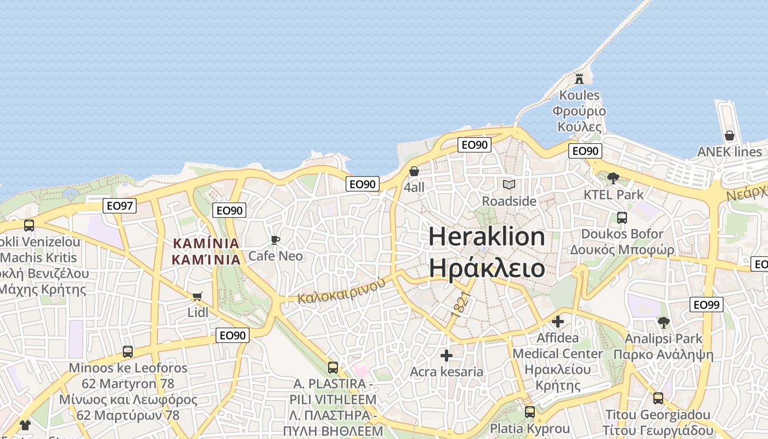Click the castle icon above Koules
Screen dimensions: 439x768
579,78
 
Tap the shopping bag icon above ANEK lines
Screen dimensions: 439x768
730,135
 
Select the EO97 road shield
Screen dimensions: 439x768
120,206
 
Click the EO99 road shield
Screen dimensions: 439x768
708,305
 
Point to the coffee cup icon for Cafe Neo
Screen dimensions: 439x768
275,240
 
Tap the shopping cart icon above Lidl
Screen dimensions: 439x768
197,296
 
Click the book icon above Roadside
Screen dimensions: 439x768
509,184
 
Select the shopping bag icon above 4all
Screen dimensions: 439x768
414,171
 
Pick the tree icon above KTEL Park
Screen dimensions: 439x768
613,178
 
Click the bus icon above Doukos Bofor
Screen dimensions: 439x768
622,218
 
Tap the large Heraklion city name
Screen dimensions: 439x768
487,237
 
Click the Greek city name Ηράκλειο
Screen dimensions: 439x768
487,268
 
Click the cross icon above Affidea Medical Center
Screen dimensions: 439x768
558,321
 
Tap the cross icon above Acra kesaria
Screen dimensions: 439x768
447,356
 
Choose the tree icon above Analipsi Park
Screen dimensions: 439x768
664,322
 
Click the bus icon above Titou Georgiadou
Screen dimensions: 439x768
658,398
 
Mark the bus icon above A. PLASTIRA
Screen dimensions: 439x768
333,367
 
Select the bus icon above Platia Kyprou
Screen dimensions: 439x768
529,412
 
